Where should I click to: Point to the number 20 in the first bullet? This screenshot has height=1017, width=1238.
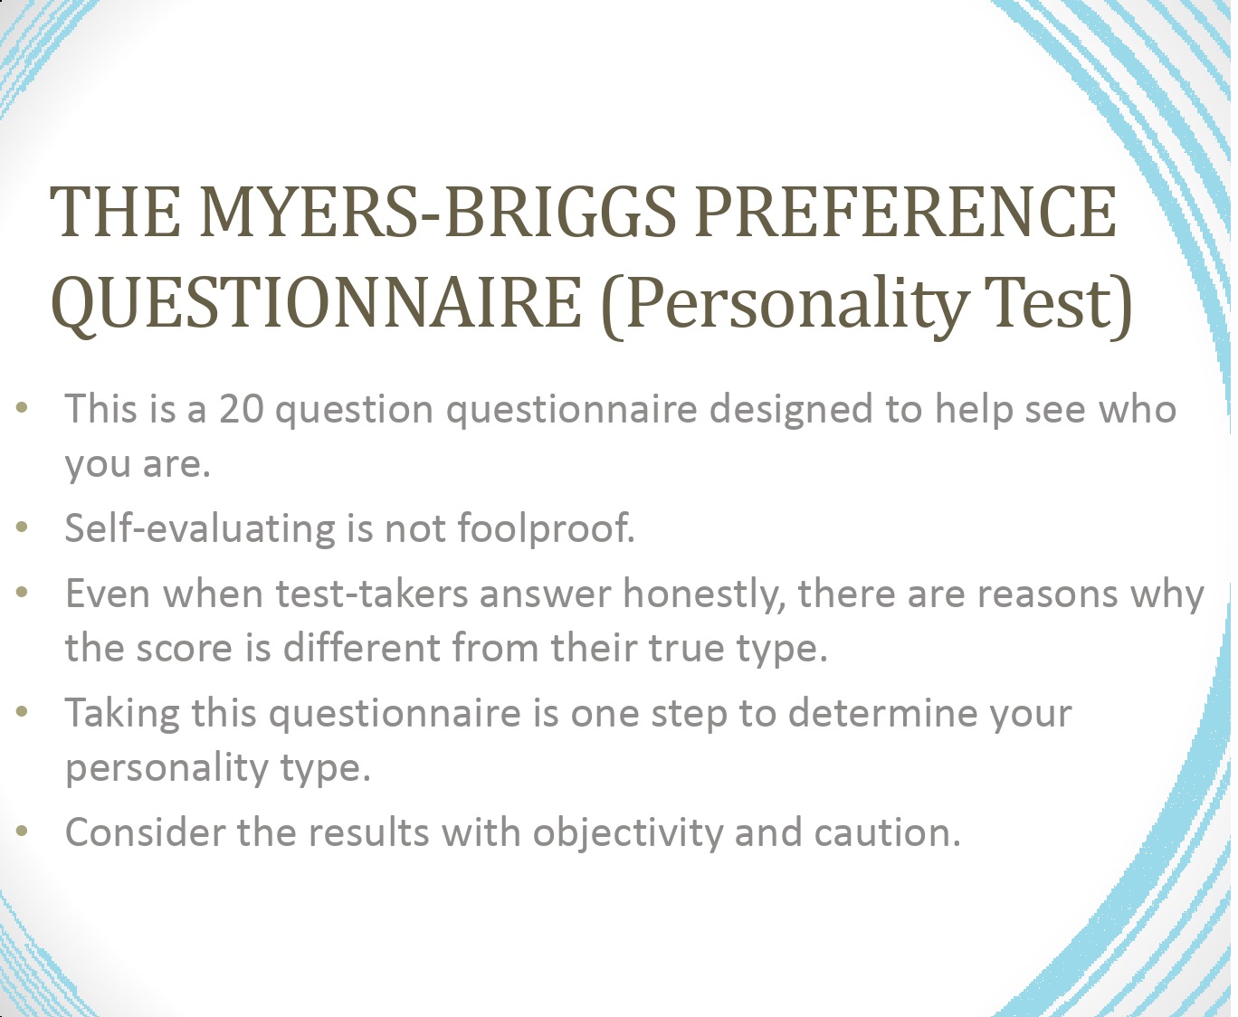[242, 409]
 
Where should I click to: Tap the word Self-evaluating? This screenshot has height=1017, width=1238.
[198, 528]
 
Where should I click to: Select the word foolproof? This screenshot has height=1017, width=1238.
[546, 528]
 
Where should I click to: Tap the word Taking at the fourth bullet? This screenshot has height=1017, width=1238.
[122, 714]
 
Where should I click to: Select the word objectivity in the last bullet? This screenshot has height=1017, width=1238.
[627, 833]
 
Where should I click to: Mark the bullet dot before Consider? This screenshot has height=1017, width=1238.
[23, 831]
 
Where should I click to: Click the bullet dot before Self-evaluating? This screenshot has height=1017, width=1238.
[23, 527]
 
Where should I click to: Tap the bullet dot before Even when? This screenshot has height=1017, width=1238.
[23, 593]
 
